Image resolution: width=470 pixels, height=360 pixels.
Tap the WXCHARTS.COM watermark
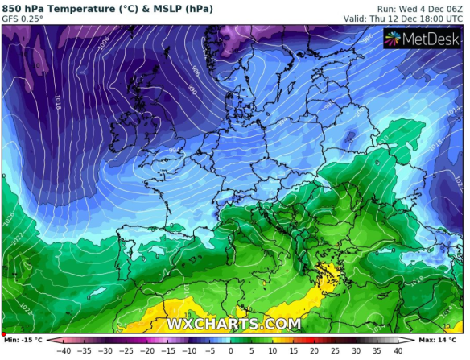point(233,324)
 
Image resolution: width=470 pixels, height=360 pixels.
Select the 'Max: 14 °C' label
point(442,339)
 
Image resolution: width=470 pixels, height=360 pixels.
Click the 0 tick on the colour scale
point(230,351)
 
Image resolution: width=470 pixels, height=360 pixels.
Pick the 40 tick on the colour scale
point(398,351)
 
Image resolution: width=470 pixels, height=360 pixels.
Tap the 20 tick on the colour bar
point(314,351)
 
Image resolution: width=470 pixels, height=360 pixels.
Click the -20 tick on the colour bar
point(147,351)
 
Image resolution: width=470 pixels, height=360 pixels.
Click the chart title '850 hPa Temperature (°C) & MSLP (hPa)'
point(107,9)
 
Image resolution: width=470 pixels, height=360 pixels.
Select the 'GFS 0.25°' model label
point(24,19)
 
